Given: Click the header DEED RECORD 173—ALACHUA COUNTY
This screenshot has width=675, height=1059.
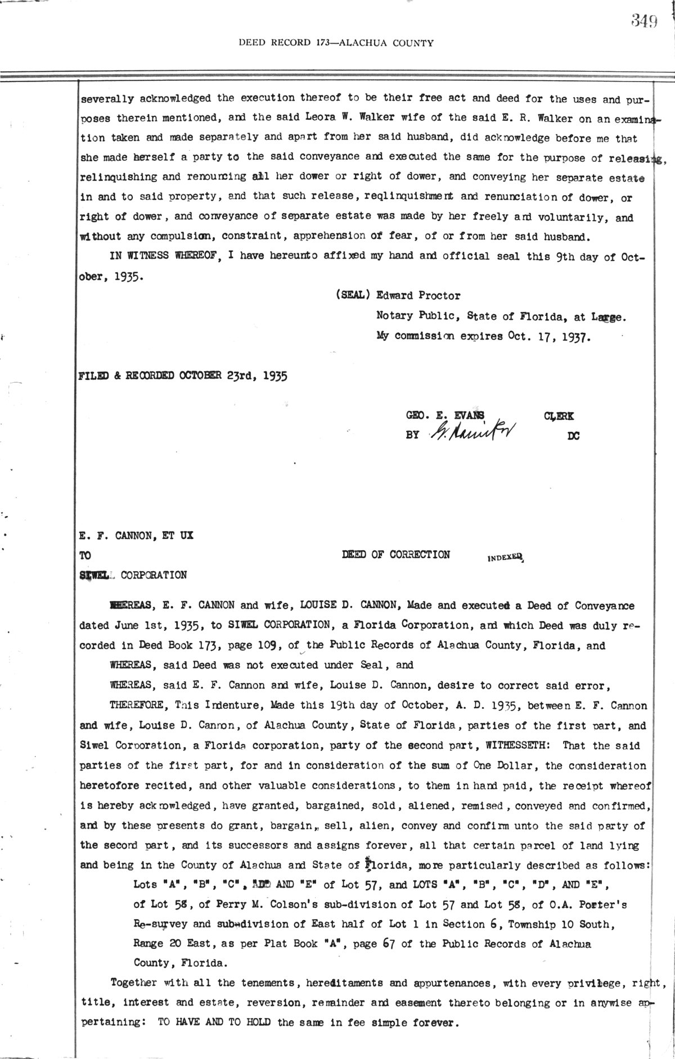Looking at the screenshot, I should [x=336, y=43].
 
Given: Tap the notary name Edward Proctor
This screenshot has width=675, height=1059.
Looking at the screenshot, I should [x=418, y=296].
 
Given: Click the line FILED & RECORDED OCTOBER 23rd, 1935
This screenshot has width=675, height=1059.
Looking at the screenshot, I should [x=183, y=376].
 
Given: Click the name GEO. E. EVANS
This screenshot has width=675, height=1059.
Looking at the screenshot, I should [x=445, y=416].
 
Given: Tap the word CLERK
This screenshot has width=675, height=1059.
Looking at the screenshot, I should [x=559, y=417].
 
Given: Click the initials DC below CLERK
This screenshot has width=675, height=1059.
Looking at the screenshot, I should [x=574, y=435].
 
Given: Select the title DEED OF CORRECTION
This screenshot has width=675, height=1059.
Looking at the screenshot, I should [x=395, y=555].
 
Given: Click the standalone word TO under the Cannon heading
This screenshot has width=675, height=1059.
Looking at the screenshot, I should [x=85, y=555].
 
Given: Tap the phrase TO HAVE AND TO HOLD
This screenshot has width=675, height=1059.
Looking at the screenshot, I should [x=216, y=1022].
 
